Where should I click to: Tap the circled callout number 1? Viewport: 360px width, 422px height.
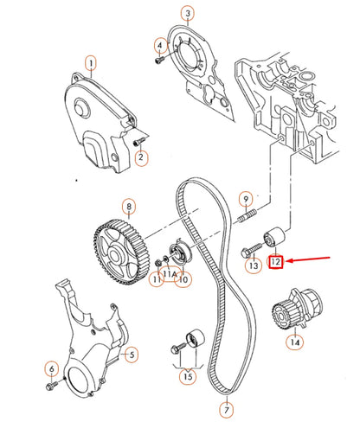[92, 62]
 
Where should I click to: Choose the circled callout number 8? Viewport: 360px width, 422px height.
[128, 207]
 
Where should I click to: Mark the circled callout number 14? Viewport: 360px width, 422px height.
[295, 343]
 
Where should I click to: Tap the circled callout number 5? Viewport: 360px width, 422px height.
[132, 354]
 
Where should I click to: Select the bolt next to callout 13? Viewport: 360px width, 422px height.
[247, 252]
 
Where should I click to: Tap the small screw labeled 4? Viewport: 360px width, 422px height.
[159, 61]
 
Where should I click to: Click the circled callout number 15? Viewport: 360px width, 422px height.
[187, 377]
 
